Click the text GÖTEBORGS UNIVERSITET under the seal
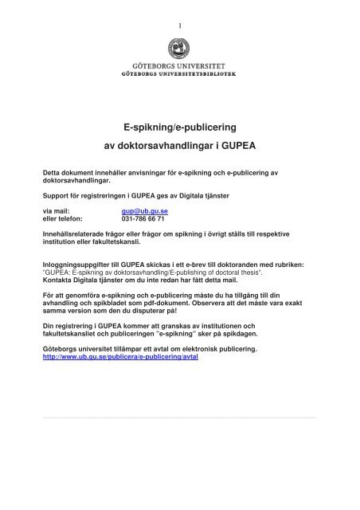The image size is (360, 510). click(x=179, y=77)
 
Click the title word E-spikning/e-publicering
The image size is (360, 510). click(x=179, y=127)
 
